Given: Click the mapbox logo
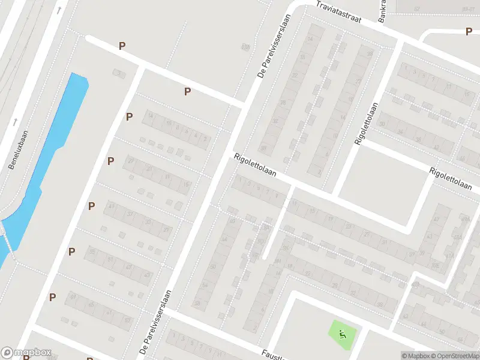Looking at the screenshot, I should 26,353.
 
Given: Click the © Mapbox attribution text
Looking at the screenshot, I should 415,356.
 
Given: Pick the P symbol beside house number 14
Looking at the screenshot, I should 130,116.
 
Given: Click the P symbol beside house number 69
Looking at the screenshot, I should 53,297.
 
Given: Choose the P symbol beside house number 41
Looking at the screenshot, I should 92,206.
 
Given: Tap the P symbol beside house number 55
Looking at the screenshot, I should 72,251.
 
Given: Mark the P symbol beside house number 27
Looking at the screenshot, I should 110,161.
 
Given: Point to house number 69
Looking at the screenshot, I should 73,296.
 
